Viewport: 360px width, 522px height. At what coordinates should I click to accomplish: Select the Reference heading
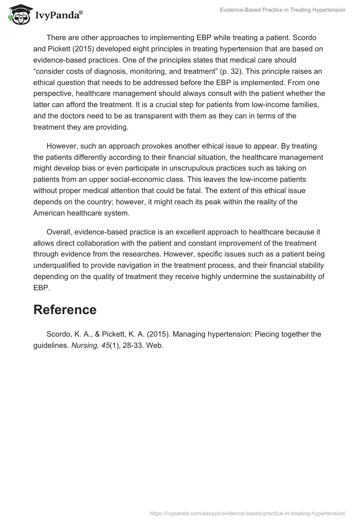click(65, 310)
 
